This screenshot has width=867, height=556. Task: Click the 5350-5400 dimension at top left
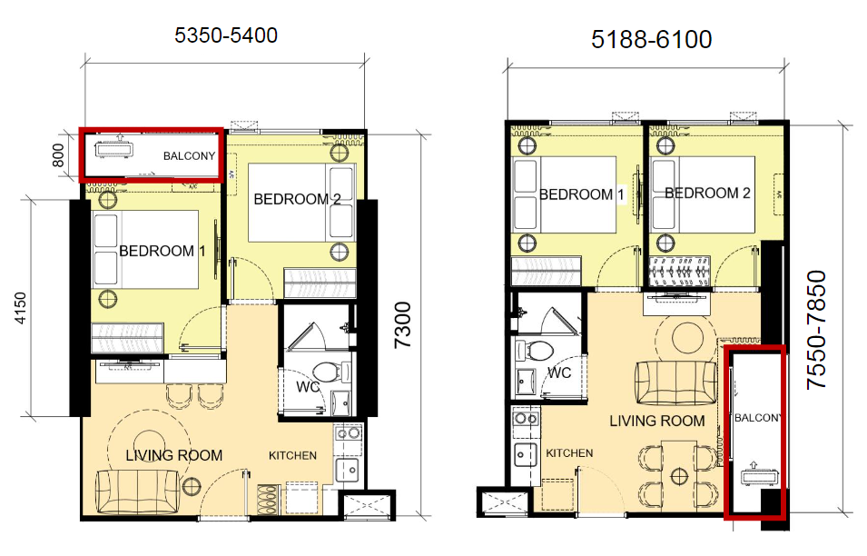click(225, 35)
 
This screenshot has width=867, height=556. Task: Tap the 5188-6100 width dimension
click(651, 39)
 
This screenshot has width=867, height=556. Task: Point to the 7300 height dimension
click(403, 324)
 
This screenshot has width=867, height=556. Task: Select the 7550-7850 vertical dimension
click(816, 329)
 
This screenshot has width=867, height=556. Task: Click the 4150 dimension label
click(21, 308)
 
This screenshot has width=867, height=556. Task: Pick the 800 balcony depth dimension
click(58, 155)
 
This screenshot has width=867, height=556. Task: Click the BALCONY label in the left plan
click(189, 156)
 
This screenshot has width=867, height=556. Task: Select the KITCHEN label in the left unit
click(292, 455)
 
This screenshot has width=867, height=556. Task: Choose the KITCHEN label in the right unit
click(569, 453)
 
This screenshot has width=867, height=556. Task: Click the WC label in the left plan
click(308, 386)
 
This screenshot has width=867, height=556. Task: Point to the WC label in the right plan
click(559, 372)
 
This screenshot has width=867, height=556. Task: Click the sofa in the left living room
click(138, 491)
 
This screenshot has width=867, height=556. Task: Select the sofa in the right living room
click(675, 382)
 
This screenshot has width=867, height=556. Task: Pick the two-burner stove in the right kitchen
click(526, 419)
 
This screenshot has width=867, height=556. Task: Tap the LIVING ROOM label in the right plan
click(657, 421)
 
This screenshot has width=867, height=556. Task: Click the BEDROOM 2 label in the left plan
click(297, 199)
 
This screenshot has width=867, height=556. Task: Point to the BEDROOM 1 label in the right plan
click(582, 194)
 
